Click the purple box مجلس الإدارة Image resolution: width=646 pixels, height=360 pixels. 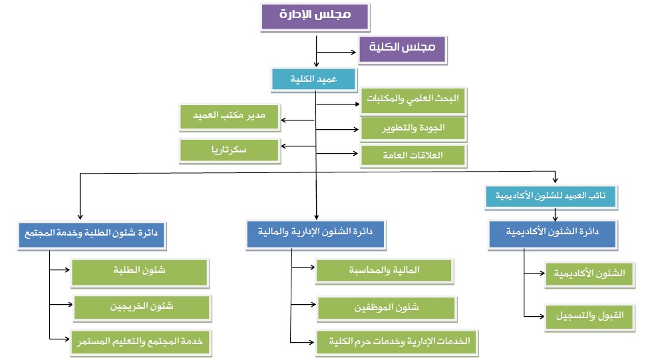point(315,17)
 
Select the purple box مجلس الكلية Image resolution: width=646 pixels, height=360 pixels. point(403,49)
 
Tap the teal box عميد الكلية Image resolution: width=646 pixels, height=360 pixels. point(313,79)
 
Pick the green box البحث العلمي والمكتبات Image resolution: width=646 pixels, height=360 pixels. point(413,100)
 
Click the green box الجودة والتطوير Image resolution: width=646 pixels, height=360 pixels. point(413,129)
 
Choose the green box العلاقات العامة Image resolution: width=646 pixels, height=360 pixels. point(413,156)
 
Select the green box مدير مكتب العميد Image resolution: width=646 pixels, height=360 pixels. point(230,117)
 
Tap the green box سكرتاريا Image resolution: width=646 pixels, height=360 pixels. point(230,150)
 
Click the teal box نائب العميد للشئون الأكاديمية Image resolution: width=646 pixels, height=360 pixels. point(551,197)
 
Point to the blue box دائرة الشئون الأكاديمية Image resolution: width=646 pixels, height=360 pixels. point(552,234)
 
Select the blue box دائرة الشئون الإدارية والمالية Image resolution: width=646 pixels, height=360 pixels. point(315,234)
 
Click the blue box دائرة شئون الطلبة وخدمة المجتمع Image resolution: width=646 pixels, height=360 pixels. point(92,236)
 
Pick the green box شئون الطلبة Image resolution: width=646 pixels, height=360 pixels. point(140,272)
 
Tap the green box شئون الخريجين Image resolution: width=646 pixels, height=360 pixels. point(142,307)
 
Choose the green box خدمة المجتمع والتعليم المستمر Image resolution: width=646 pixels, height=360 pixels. point(141,343)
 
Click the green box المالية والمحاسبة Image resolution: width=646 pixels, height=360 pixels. point(385,271)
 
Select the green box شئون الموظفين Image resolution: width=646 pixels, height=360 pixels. point(387,308)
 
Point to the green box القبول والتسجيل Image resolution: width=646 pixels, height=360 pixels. point(589,317)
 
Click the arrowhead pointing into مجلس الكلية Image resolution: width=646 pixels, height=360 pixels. point(353,53)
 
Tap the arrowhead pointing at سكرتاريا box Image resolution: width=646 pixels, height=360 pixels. point(284,146)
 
